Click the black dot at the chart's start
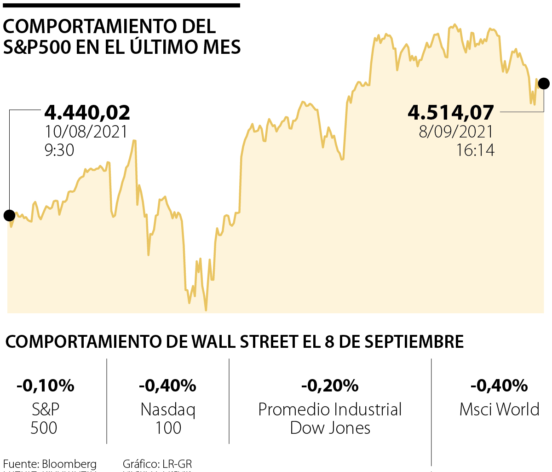(x=9, y=215)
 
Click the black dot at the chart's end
(x=544, y=84)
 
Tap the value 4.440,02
(x=87, y=113)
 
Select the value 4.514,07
(x=451, y=113)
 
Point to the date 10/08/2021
(x=86, y=132)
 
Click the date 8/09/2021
(x=456, y=132)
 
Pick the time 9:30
(x=59, y=150)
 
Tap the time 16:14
(x=475, y=150)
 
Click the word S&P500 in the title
(x=37, y=47)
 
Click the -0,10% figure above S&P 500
(x=45, y=386)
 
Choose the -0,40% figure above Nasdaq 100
(x=168, y=386)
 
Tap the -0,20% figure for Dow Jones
(x=330, y=386)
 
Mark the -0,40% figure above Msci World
(x=499, y=386)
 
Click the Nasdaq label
(x=168, y=409)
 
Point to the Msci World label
(x=499, y=409)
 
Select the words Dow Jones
(x=330, y=428)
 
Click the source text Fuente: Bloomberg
(x=50, y=464)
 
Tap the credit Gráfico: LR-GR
(x=157, y=464)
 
